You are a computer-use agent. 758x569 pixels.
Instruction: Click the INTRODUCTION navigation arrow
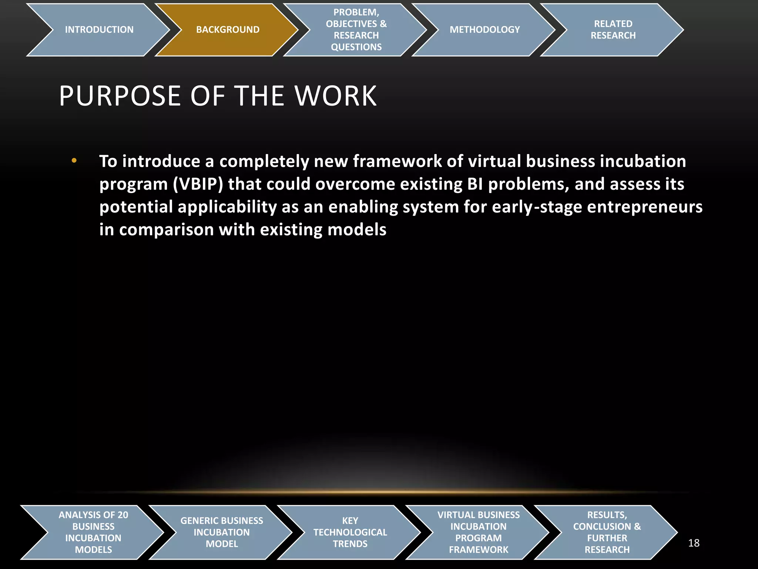[x=99, y=30]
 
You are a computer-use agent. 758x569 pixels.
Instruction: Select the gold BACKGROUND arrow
[x=228, y=30]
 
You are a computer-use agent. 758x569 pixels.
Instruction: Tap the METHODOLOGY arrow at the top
[x=484, y=30]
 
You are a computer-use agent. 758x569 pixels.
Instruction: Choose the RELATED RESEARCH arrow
[x=613, y=30]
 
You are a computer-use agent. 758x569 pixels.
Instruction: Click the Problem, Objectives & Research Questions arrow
[x=356, y=30]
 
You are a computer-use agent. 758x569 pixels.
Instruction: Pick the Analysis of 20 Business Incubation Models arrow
[x=93, y=532]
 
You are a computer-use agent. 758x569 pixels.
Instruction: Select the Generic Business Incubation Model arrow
[x=222, y=532]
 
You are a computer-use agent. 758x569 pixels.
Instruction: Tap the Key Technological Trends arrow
[x=350, y=532]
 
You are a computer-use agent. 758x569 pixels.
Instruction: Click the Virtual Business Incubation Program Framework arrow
[x=479, y=532]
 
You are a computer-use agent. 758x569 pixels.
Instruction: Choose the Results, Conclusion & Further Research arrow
[x=607, y=532]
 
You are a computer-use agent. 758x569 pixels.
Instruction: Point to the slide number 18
[x=694, y=543]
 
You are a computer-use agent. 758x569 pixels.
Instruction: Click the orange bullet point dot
[x=74, y=160]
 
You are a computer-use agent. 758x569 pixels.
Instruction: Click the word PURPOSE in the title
[x=120, y=96]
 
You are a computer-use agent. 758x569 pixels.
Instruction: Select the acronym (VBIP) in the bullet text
[x=198, y=184]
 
